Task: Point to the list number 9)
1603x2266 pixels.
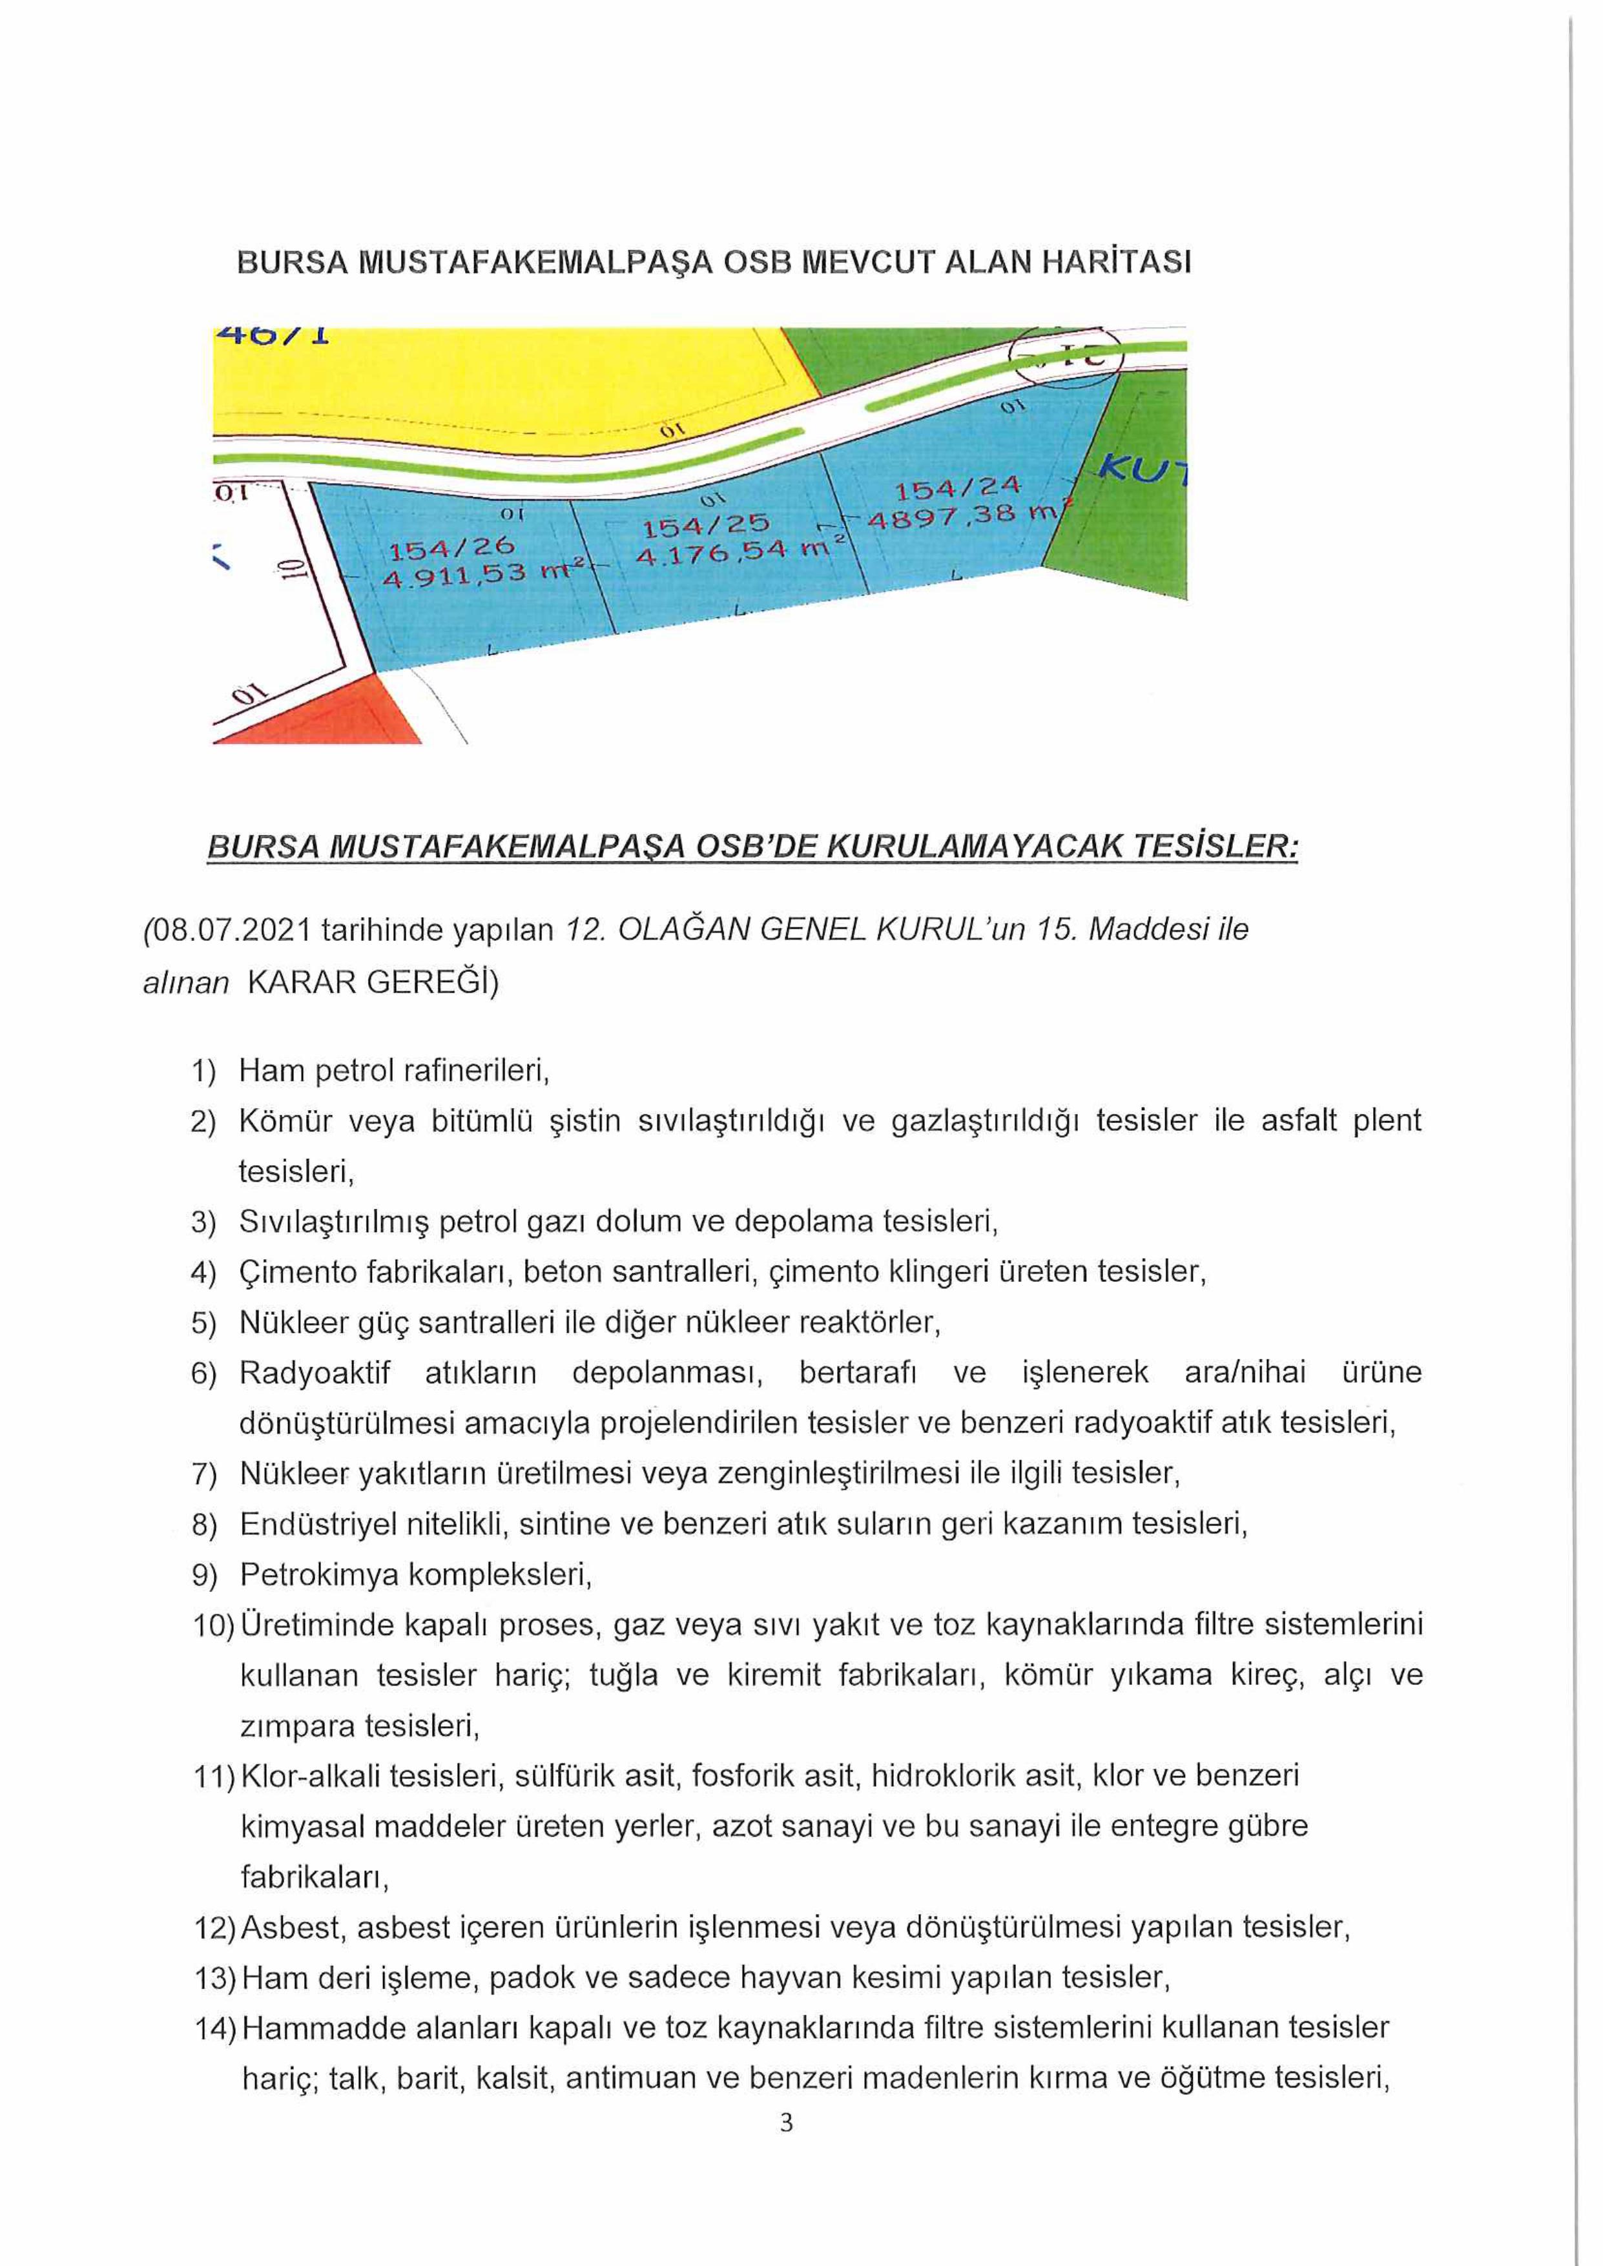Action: pos(204,1575)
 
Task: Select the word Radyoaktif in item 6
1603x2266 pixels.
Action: pos(315,1373)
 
